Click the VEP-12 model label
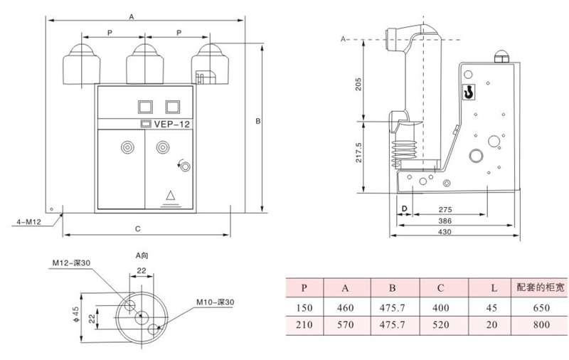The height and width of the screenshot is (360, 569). pyautogui.click(x=171, y=124)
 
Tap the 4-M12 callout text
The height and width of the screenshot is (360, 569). pyautogui.click(x=29, y=222)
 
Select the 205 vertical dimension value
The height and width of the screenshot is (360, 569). pyautogui.click(x=358, y=84)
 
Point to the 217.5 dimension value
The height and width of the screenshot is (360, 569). pyautogui.click(x=358, y=152)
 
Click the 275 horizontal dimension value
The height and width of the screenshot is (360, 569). pyautogui.click(x=445, y=210)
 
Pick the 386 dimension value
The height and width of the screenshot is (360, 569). pyautogui.click(x=445, y=221)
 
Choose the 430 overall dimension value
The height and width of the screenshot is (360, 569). pyautogui.click(x=445, y=231)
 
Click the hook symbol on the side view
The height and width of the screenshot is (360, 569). pyautogui.click(x=469, y=92)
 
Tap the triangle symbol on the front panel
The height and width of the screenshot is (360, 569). pyautogui.click(x=171, y=196)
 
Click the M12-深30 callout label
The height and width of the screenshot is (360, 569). pyautogui.click(x=71, y=263)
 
